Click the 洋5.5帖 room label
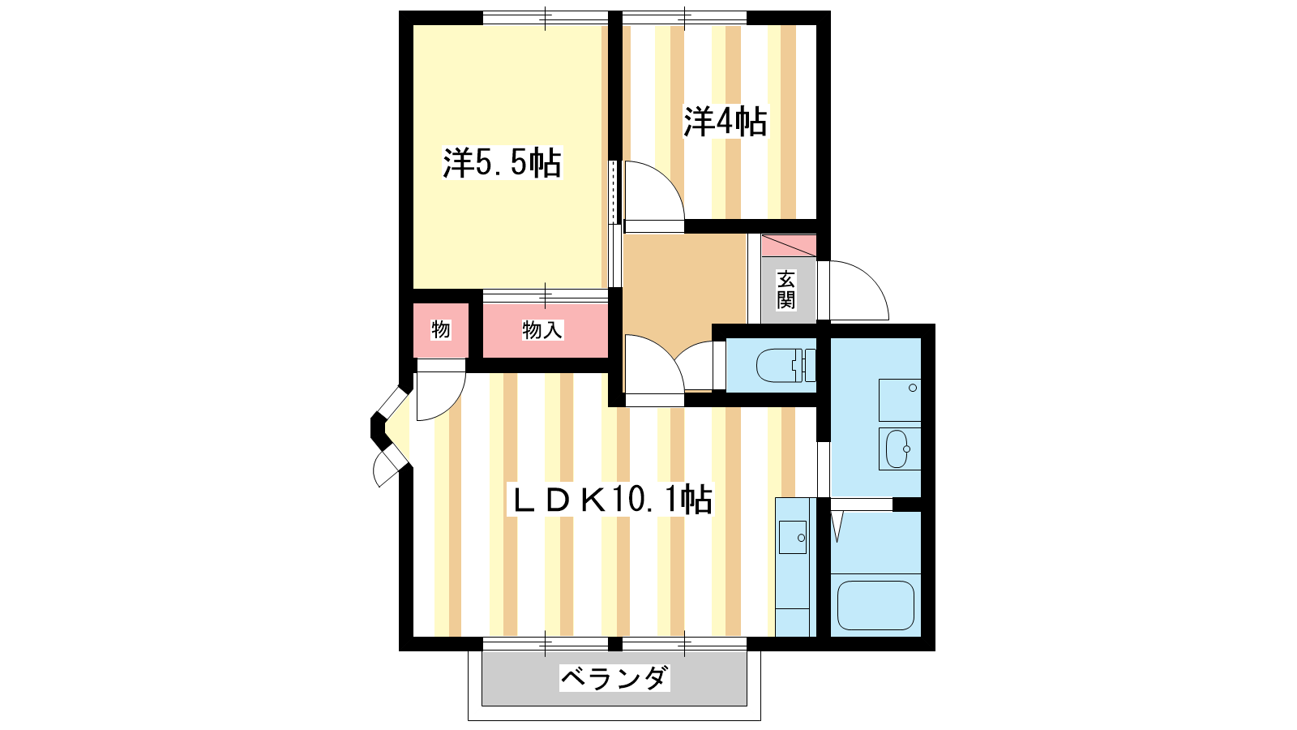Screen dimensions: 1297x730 [x=502, y=163]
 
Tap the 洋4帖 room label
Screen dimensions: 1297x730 [x=726, y=122]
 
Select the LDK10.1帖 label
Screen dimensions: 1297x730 [x=610, y=499]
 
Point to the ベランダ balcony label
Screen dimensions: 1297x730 [x=614, y=678]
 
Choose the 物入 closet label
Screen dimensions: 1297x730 [x=542, y=330]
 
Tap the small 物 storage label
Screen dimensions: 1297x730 [x=441, y=329]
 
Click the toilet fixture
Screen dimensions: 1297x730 [x=785, y=366]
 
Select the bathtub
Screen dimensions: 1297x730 [x=875, y=605]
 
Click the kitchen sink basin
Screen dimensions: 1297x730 [x=793, y=538]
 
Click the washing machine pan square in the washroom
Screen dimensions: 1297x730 [x=900, y=401]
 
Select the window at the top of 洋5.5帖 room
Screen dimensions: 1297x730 [x=546, y=18]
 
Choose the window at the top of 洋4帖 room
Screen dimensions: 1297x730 [x=684, y=18]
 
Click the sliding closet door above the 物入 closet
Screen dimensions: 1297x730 [x=546, y=296]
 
